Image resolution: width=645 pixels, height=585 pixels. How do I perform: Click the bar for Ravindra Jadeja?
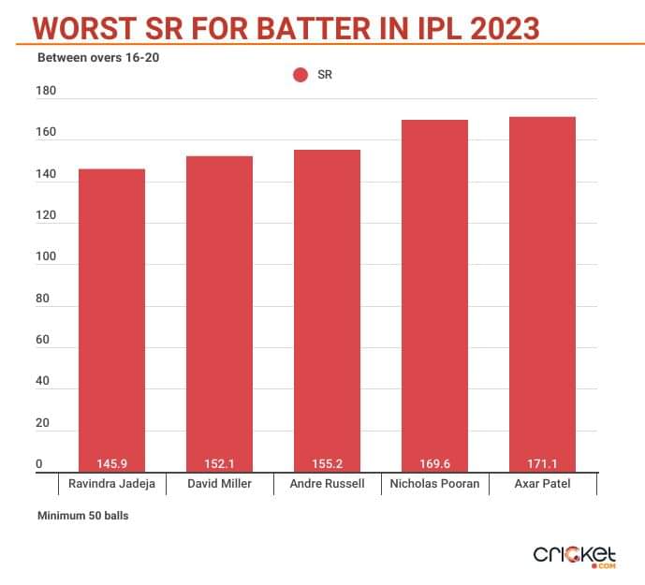pyautogui.click(x=111, y=318)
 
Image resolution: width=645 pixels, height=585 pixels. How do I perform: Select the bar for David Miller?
pyautogui.click(x=219, y=314)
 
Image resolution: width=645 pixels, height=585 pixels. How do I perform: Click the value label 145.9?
pyautogui.click(x=111, y=463)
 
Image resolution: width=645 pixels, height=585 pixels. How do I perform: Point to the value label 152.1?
pyautogui.click(x=219, y=463)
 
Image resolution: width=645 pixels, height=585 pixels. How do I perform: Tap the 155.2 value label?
pyautogui.click(x=327, y=463)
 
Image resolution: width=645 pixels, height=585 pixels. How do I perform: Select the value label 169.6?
pyautogui.click(x=434, y=463)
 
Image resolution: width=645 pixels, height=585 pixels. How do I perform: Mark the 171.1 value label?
pyautogui.click(x=542, y=463)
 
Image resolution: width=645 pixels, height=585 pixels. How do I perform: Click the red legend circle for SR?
pyautogui.click(x=301, y=75)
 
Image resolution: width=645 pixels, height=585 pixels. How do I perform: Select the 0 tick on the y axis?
pyautogui.click(x=39, y=464)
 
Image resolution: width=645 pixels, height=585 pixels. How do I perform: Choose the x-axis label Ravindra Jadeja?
pyautogui.click(x=111, y=485)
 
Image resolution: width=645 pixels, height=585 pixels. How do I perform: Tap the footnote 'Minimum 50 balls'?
pyautogui.click(x=82, y=516)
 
